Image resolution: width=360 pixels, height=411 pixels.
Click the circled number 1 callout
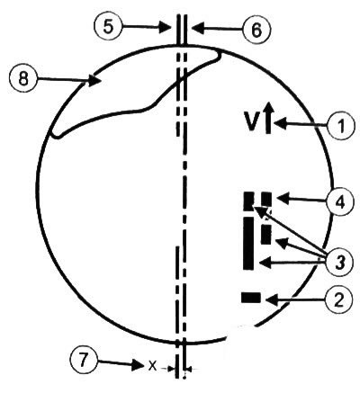(x=340, y=125)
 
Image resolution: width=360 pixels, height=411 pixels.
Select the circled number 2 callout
(x=338, y=299)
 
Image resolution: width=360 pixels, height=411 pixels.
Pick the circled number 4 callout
(x=340, y=201)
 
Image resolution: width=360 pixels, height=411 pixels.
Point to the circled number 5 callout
(x=109, y=26)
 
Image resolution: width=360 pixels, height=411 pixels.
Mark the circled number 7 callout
(x=84, y=359)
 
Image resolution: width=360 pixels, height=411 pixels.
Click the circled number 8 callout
(x=23, y=79)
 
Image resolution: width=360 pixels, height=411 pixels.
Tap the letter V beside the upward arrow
(x=252, y=122)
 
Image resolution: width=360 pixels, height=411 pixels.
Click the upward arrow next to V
(x=268, y=118)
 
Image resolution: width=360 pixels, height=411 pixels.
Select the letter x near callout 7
(x=153, y=365)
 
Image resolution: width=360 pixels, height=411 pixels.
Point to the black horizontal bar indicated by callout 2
(x=251, y=298)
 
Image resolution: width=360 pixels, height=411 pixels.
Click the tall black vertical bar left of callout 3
(x=248, y=243)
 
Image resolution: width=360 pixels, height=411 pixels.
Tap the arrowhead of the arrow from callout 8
(x=94, y=81)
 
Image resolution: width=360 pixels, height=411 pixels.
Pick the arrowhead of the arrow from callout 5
(x=165, y=27)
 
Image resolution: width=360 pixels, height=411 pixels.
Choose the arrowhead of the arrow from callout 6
(x=197, y=29)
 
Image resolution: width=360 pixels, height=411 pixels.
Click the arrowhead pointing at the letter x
(x=138, y=365)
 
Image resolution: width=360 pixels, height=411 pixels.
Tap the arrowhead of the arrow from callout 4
(x=283, y=198)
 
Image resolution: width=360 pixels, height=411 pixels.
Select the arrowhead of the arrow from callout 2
(x=272, y=299)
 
